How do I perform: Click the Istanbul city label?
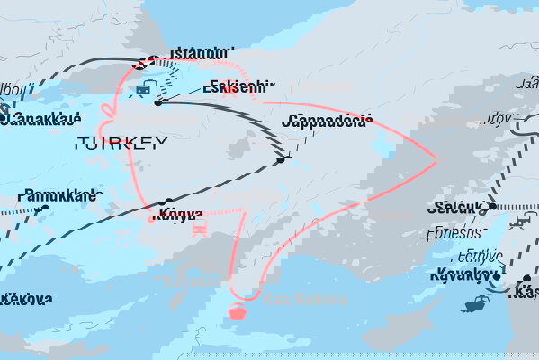tap(195, 53)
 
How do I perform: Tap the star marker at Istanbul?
tap(140, 63)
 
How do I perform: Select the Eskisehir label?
tap(238, 87)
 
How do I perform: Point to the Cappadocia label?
tap(325, 121)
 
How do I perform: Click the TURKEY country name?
tap(121, 142)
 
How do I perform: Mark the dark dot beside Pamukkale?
tap(41, 211)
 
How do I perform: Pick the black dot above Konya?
tap(166, 202)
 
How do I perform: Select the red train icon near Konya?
tap(201, 227)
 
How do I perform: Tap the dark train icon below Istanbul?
tap(142, 88)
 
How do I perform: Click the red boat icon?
tap(238, 311)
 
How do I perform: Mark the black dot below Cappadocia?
tap(283, 160)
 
